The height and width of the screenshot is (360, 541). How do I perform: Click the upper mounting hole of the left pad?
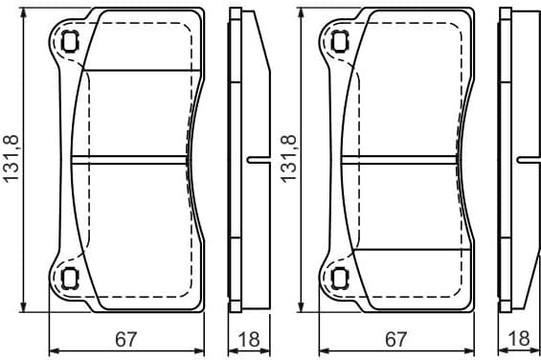coord(69,40)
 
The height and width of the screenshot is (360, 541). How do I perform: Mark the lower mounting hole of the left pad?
coord(69,279)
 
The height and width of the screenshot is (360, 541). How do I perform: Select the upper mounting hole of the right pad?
coord(339,40)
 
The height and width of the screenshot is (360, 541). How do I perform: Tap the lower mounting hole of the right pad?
coord(339,279)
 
